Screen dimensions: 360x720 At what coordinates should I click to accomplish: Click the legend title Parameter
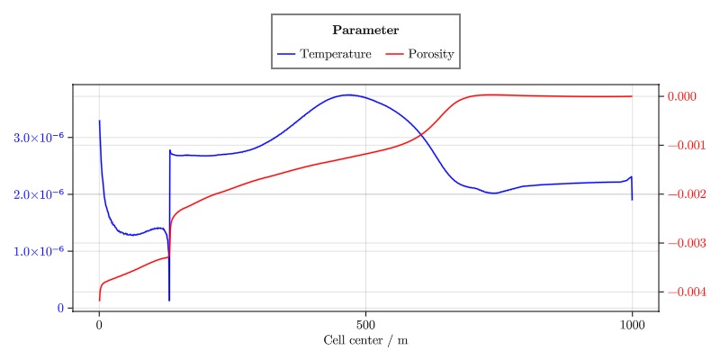click(x=365, y=31)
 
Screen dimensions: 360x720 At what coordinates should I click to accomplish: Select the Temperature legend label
click(x=336, y=54)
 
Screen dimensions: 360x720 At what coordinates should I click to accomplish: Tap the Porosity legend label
click(x=431, y=54)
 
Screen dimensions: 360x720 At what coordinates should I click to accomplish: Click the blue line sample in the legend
click(x=286, y=54)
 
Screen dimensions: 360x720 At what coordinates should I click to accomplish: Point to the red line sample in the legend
click(x=394, y=54)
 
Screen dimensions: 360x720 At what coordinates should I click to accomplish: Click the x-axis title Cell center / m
click(x=365, y=340)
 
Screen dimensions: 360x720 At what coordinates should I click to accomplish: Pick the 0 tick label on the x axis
click(x=99, y=324)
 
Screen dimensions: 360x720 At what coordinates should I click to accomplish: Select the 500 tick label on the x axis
click(x=365, y=324)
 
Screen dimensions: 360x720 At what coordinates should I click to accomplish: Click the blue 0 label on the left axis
click(x=61, y=308)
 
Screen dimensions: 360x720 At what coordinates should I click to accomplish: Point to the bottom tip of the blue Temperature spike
click(x=169, y=300)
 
